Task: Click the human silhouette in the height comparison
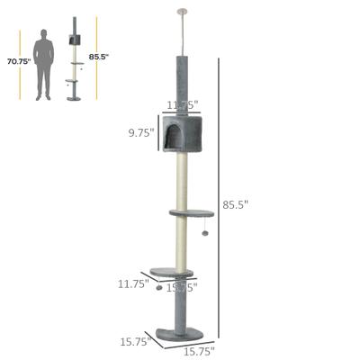(x=42, y=64)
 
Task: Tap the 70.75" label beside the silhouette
(x=18, y=62)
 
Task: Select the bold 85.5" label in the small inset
(x=99, y=56)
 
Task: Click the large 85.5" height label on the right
(x=235, y=205)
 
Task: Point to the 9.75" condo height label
(x=141, y=131)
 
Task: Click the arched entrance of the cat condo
(x=171, y=139)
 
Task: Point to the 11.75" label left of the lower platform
(x=132, y=283)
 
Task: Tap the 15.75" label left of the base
(x=133, y=342)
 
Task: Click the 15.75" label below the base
(x=200, y=350)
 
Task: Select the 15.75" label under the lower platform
(x=184, y=287)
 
